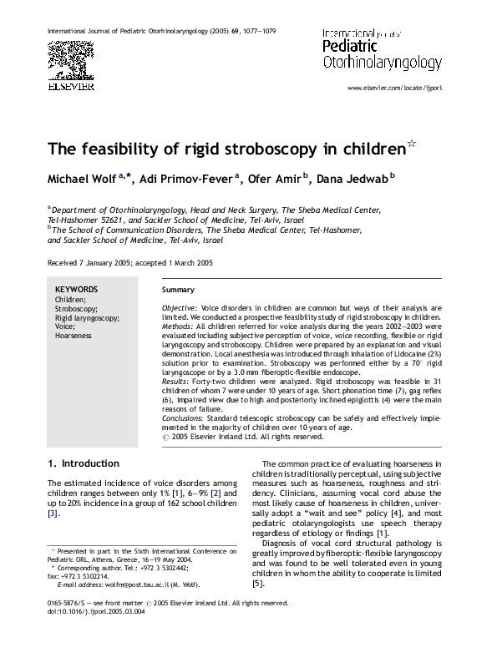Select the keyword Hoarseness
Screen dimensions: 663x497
(74, 335)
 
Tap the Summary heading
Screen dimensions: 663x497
(178, 290)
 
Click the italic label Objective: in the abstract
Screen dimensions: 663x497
(180, 308)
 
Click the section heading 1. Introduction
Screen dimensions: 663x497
(84, 463)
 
